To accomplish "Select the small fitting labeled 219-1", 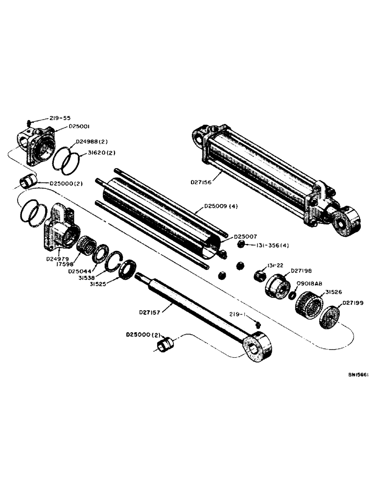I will [x=258, y=323].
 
